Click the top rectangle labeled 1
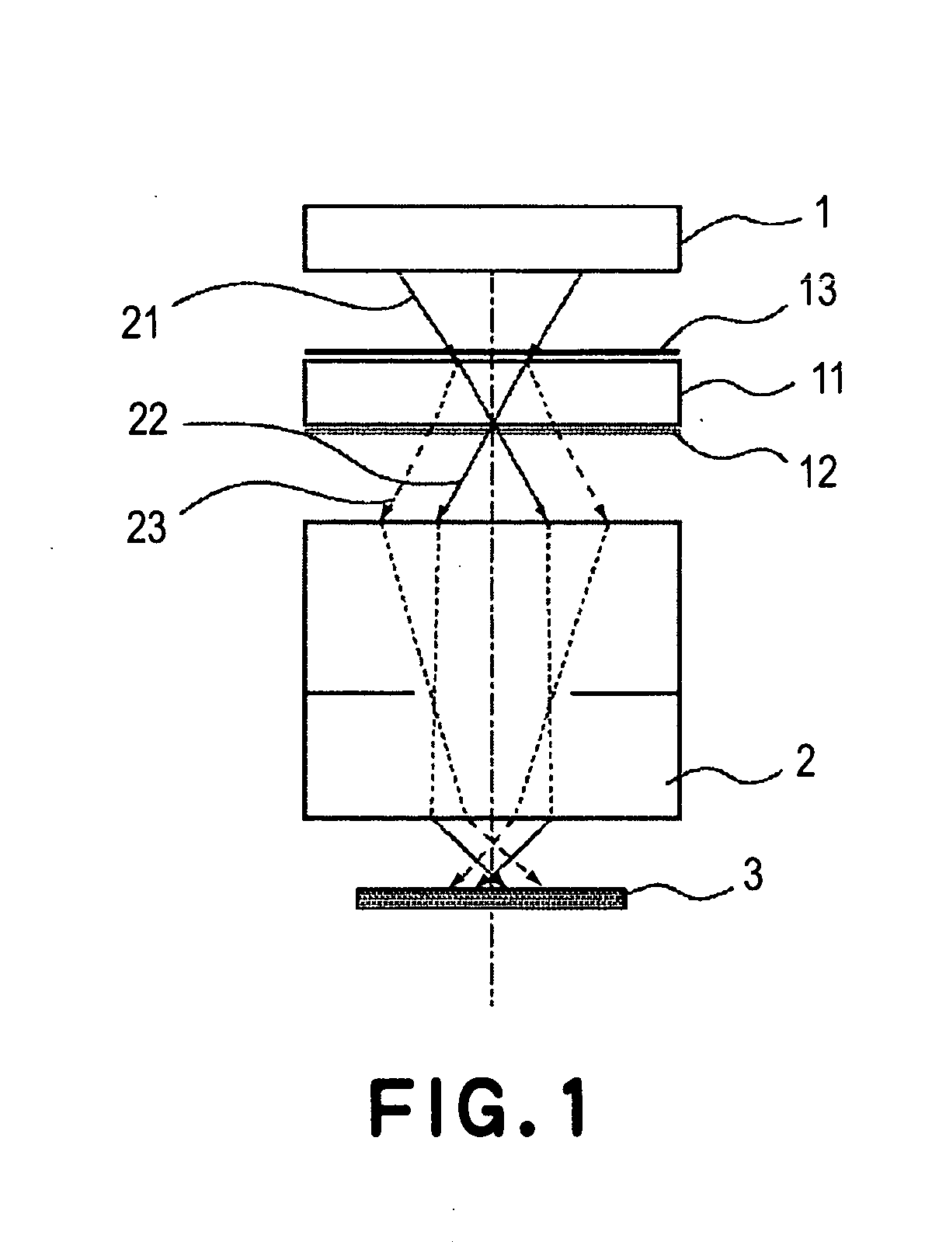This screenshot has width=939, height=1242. tap(492, 238)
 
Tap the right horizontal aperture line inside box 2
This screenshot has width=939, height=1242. tap(624, 692)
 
